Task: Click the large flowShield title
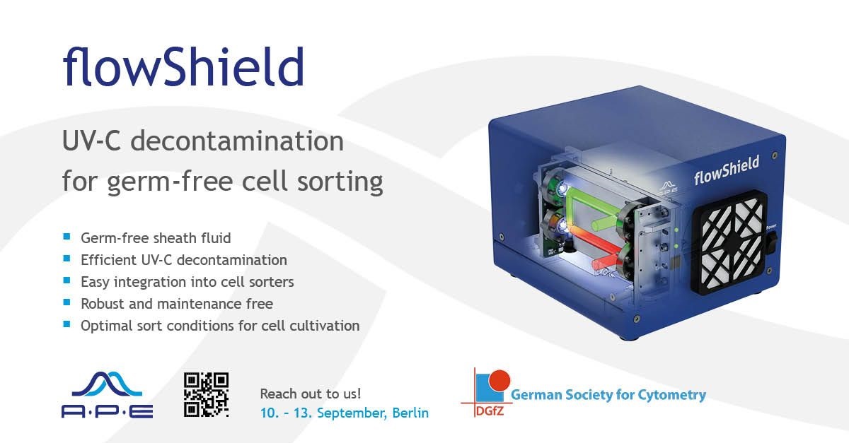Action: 183,67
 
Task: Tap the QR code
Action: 207,394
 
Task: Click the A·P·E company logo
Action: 108,395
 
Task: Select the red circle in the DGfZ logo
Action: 499,380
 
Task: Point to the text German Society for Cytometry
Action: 608,394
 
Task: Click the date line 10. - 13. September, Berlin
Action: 344,413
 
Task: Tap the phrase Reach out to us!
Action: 311,394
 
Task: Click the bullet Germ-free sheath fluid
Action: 156,238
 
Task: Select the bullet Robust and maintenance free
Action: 177,304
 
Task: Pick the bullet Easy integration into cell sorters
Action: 187,282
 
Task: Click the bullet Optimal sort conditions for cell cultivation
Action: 220,326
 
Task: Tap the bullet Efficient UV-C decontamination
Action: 184,260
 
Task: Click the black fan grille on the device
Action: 730,242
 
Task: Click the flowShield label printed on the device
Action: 727,170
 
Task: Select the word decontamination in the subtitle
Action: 237,141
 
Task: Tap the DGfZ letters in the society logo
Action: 490,410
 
